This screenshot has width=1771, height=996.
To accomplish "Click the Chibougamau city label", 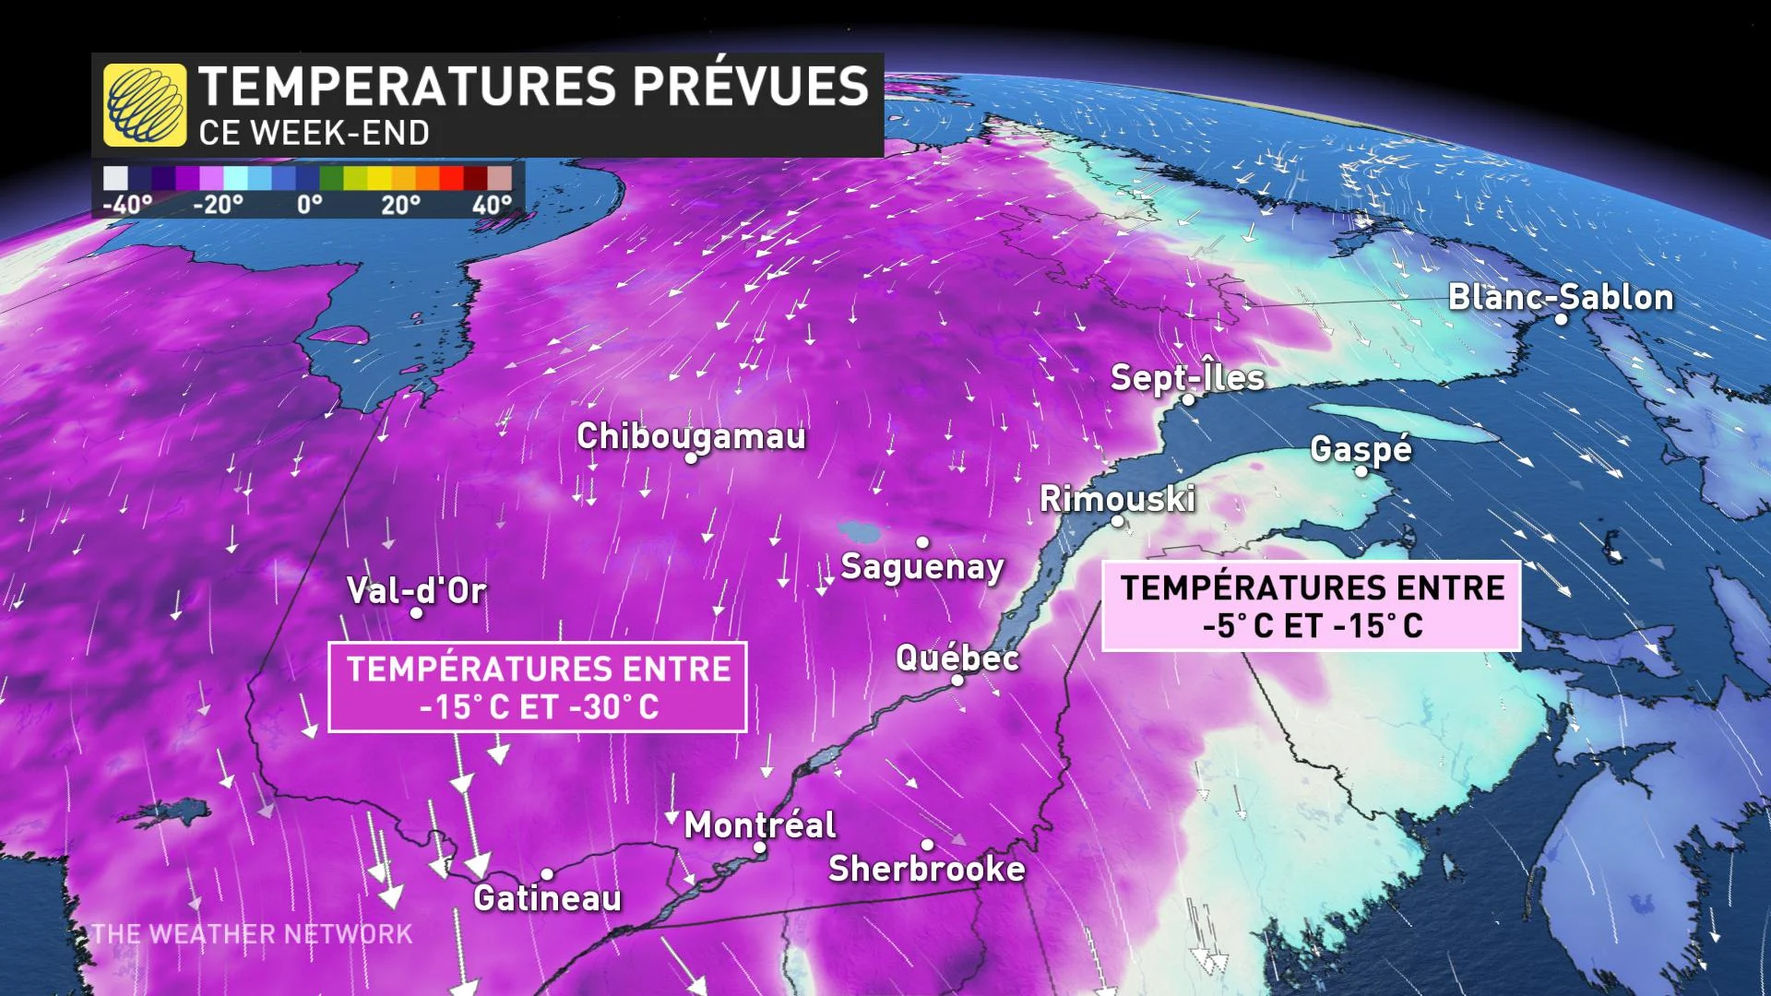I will click(x=691, y=435).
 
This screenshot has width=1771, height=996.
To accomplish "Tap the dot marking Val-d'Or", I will click(x=416, y=613).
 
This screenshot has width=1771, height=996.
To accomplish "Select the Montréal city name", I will click(x=760, y=824).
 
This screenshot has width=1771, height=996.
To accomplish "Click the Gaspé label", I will click(x=1361, y=448).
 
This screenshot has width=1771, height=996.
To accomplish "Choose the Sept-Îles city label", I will click(x=1187, y=377).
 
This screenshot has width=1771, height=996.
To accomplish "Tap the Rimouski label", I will click(x=1117, y=499).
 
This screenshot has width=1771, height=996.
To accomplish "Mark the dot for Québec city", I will click(x=957, y=680).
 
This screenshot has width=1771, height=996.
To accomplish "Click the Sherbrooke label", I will click(x=926, y=869).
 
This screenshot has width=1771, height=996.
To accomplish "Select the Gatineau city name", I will click(x=548, y=897).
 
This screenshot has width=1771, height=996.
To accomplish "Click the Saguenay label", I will click(x=921, y=566).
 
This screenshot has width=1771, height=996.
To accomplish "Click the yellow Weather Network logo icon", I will click(x=145, y=105).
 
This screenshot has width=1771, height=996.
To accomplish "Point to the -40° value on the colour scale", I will click(x=127, y=205).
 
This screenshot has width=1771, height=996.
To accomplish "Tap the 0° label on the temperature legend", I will click(x=310, y=205).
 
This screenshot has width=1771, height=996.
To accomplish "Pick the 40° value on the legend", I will click(x=492, y=205).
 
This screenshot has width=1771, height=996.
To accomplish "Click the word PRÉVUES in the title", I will click(x=750, y=86).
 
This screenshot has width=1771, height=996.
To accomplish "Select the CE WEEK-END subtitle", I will click(x=314, y=134).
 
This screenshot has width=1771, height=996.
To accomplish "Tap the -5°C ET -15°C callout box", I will click(x=1311, y=606).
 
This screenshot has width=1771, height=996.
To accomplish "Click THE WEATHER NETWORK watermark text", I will click(x=252, y=934).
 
